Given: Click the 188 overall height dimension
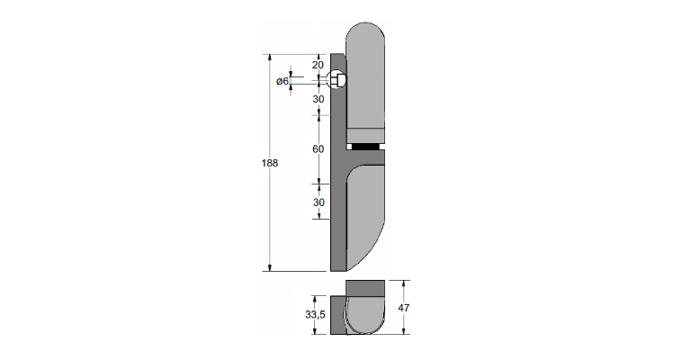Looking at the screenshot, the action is click(270, 163).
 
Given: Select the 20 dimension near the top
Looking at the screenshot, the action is click(319, 65).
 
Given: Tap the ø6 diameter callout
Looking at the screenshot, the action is click(283, 81).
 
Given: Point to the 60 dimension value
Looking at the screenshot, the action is click(319, 148).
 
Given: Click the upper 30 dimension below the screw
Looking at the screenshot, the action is click(319, 99).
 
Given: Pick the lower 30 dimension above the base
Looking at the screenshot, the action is click(319, 202).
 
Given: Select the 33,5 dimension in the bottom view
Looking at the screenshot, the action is click(315, 315).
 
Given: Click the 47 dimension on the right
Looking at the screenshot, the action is click(404, 308).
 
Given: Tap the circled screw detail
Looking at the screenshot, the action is click(337, 79).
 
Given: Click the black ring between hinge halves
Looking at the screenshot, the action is click(365, 147).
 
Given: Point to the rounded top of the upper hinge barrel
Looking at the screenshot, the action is click(365, 33).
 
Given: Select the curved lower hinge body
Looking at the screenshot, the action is click(365, 217).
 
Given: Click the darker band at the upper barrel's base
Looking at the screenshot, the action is click(365, 136).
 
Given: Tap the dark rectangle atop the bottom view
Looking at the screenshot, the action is click(365, 287).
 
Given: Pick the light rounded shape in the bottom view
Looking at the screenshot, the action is click(365, 314).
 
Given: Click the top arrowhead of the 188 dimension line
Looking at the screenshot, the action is click(270, 58).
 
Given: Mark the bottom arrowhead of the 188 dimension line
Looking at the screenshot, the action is click(270, 268).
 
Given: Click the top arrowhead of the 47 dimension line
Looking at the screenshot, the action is click(404, 283).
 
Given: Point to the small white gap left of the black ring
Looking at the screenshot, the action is click(349, 147).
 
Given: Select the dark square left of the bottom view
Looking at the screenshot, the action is click(338, 315).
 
